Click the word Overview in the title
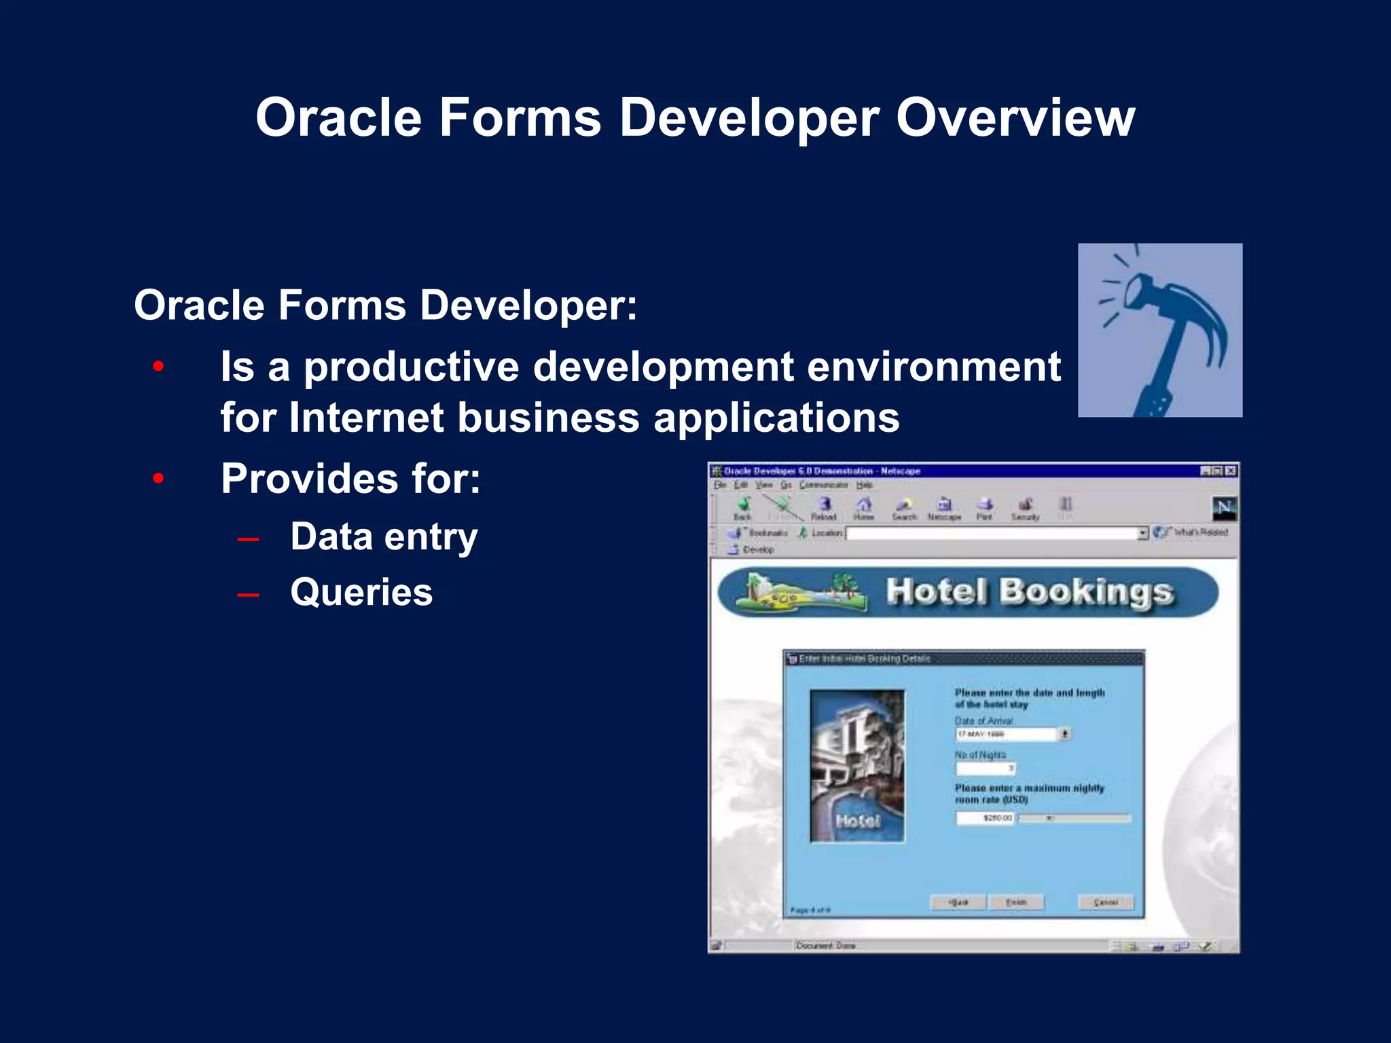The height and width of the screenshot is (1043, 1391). (x=1015, y=117)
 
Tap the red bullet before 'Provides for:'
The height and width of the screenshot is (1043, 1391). (x=158, y=479)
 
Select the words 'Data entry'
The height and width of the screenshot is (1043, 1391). (x=384, y=536)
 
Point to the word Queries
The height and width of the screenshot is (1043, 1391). (x=361, y=592)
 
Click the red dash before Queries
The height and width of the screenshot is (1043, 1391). (x=249, y=595)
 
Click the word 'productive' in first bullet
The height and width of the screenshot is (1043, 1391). (x=411, y=367)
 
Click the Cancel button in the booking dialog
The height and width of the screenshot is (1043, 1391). (x=1106, y=902)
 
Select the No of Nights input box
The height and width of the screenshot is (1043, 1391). (x=986, y=768)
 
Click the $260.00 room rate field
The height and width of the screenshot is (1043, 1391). (x=985, y=818)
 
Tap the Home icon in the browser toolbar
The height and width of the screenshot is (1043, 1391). (x=864, y=507)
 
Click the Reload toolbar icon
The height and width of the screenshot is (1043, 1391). (x=824, y=507)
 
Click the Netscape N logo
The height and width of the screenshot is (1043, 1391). (x=1224, y=508)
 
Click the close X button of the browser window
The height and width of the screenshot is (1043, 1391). (x=1231, y=471)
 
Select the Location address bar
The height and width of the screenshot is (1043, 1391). (x=992, y=533)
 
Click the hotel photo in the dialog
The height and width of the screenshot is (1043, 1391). (x=857, y=766)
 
